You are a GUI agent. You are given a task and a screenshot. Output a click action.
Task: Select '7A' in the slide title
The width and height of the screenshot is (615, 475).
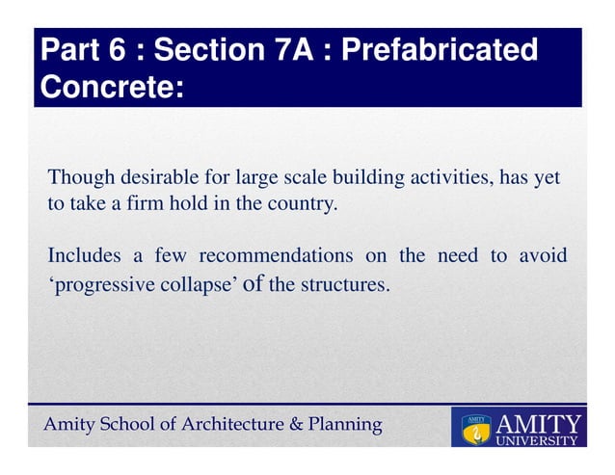point(287,49)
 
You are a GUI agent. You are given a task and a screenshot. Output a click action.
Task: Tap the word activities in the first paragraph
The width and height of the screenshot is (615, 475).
point(439,178)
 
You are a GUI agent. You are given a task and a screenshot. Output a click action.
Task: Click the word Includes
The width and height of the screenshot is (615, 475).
point(85,256)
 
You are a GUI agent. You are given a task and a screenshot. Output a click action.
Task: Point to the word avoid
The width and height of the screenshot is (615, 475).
point(543,256)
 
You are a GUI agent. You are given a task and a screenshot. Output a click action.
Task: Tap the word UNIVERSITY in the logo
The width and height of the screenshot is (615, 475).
point(538,441)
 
